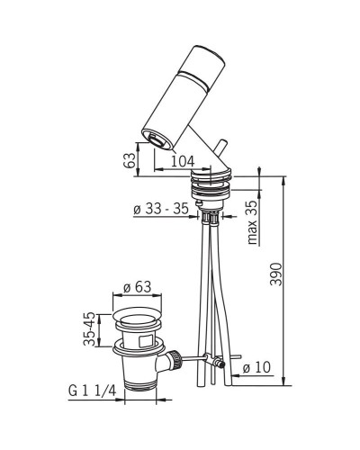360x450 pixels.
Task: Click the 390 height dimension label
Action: point(276,274)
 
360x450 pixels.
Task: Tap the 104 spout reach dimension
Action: point(183,161)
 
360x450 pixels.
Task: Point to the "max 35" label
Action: point(253,222)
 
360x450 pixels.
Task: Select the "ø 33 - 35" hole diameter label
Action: point(161,209)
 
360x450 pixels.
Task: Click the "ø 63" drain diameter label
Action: point(137,287)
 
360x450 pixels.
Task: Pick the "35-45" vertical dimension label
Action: point(89,329)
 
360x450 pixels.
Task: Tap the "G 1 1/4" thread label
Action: point(92,391)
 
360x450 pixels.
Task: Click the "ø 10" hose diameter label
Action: point(256,367)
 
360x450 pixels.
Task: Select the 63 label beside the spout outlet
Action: point(129,161)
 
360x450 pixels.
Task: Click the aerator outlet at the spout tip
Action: point(157,139)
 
